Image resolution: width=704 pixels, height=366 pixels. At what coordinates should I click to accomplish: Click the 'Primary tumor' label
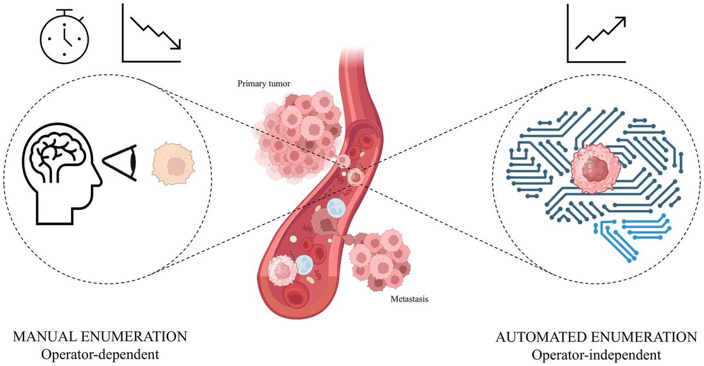pos(264,84)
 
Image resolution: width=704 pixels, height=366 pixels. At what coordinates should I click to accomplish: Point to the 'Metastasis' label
pos(409,299)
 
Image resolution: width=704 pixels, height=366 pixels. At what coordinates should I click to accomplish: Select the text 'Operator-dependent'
pos(100,354)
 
